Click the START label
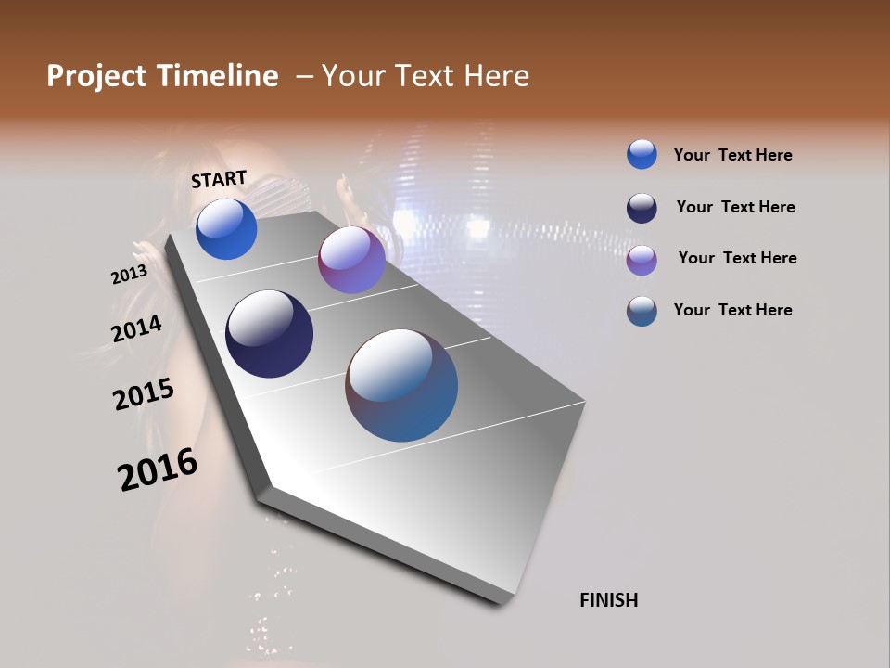point(219,179)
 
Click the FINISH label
point(608,600)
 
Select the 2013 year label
point(129,275)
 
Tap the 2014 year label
point(136,328)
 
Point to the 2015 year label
point(144,394)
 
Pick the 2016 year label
point(158,469)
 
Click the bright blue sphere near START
point(226,229)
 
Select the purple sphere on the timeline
point(351,260)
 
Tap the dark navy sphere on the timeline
point(269,334)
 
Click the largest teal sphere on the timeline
point(401,385)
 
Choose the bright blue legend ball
point(642,154)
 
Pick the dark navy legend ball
point(642,208)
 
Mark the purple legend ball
point(642,260)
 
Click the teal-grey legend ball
point(642,311)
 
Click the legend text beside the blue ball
point(732,155)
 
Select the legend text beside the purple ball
point(737,258)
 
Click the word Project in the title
point(95,76)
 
